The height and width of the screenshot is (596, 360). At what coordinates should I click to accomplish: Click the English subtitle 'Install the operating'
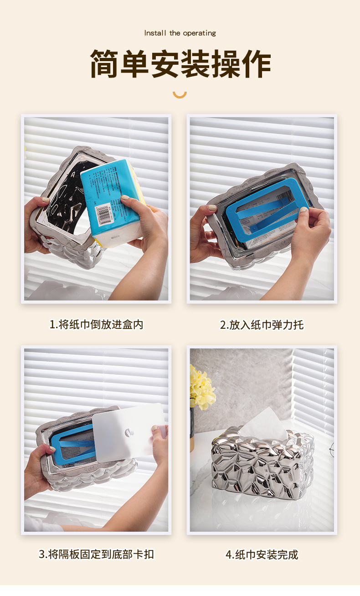[180, 33]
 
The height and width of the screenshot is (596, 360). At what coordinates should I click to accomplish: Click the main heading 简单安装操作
[180, 64]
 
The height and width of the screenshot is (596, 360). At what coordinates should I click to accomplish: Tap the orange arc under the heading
[180, 94]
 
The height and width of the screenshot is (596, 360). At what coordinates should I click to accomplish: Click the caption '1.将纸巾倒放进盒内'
[96, 325]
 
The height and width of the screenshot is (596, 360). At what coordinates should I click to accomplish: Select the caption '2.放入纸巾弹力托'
[262, 325]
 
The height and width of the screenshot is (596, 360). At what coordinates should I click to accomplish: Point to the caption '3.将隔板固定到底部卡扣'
[96, 555]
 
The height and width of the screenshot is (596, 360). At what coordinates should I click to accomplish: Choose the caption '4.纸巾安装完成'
[262, 555]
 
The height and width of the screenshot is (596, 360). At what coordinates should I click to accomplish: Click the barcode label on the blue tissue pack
[104, 213]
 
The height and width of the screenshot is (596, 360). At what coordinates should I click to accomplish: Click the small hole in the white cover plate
[129, 431]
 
